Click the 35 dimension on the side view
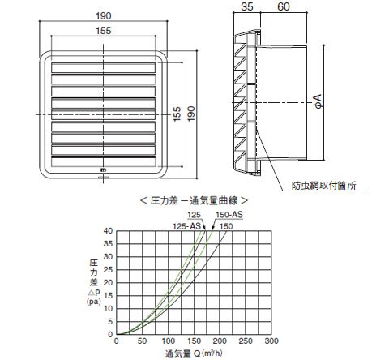247,6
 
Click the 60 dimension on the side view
284,6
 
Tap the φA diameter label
319,101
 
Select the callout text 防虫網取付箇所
324,186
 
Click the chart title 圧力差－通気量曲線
194,200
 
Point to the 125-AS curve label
186,226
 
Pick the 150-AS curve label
229,215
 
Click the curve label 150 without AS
226,226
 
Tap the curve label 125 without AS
194,215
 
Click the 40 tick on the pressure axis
108,231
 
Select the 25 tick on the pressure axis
108,270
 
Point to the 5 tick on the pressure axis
110,322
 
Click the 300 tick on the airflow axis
271,341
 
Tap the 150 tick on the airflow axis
194,341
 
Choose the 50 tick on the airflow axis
142,341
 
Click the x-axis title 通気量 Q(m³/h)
194,354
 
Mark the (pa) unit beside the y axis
94,302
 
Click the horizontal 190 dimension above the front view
104,16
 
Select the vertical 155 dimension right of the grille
176,114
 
